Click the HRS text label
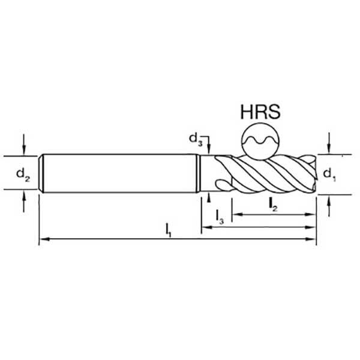point(260,112)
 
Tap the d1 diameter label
point(329,175)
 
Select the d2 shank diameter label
point(23,174)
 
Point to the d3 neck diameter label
point(196,140)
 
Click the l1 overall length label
point(169,230)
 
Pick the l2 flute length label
point(273,205)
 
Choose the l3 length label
point(220,217)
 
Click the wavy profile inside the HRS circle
point(260,140)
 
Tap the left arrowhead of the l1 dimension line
point(44,239)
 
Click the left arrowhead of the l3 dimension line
point(206,227)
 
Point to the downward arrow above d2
point(23,145)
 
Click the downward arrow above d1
point(329,143)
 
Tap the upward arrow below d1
point(329,206)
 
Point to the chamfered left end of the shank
point(41,173)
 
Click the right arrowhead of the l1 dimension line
point(311,239)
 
